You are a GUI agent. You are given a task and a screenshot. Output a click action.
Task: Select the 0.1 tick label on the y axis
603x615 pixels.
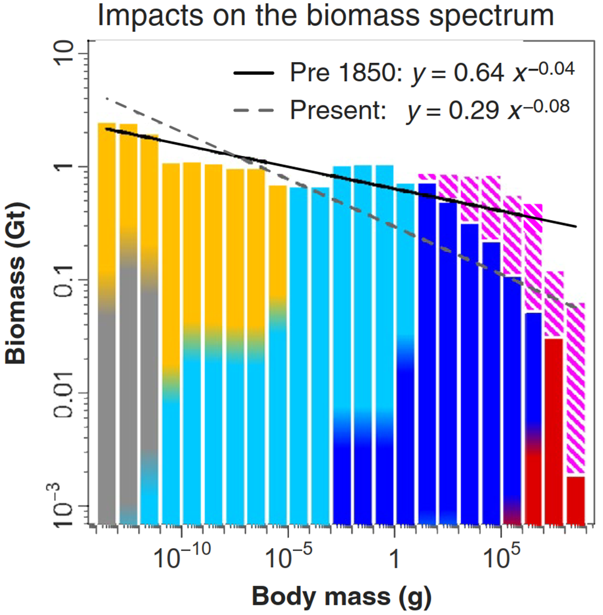click(68, 280)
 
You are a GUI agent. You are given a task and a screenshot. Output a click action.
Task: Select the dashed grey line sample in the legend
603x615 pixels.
click(257, 110)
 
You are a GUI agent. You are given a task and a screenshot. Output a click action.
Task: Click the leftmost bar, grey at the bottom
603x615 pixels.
click(107, 422)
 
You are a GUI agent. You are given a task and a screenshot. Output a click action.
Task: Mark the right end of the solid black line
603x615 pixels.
click(576, 227)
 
